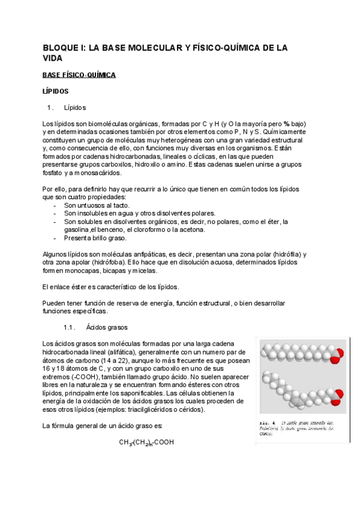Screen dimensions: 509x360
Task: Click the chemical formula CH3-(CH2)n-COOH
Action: (146, 442)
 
